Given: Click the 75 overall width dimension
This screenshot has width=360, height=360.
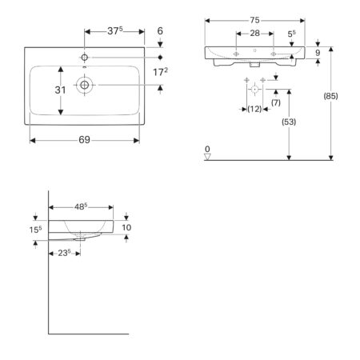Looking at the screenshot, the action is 254,20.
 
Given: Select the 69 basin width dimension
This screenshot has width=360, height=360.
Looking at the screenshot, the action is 84,140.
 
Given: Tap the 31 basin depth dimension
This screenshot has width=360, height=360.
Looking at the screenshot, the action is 60,90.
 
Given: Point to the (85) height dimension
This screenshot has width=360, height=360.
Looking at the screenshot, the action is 330,96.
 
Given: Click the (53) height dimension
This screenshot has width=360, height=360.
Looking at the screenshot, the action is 289,122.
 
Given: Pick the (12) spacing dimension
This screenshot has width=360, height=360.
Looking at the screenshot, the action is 254,109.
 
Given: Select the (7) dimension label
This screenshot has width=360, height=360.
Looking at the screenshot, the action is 276,102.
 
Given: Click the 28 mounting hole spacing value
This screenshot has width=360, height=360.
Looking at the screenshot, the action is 254,34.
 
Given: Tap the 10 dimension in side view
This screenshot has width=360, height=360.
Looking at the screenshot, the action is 126,227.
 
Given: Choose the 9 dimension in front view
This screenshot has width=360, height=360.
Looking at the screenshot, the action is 318,53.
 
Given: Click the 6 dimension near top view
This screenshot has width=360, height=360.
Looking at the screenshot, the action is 160,31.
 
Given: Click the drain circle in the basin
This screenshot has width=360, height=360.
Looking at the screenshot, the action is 85,85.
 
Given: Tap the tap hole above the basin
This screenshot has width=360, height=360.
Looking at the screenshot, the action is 85,58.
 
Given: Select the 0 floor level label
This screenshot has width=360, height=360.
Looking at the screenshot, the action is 207,149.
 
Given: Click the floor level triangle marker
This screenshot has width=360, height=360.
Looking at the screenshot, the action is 207,157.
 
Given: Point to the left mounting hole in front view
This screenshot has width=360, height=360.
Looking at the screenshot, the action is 236,54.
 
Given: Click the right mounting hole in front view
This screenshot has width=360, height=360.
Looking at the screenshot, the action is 274,54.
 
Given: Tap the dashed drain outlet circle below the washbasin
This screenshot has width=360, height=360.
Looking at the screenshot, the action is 254,89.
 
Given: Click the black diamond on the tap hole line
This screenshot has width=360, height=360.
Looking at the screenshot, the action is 160,58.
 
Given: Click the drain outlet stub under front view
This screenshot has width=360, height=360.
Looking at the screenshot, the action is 254,64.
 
